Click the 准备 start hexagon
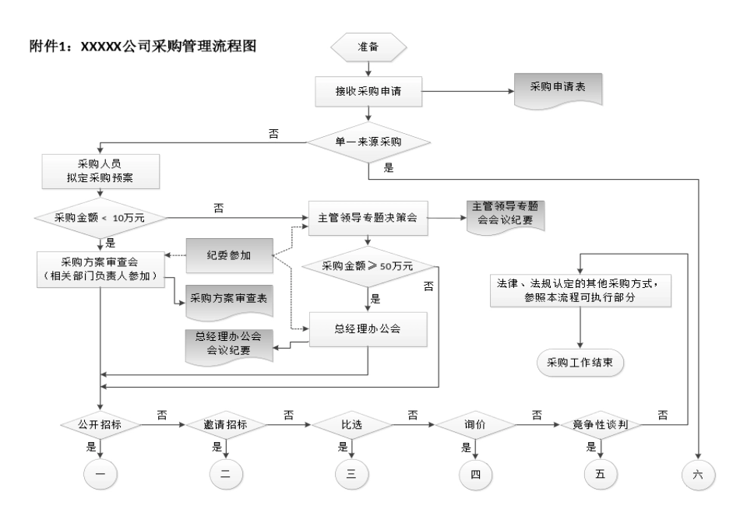[x=368, y=47]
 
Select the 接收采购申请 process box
[x=368, y=92]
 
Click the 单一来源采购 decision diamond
[x=368, y=142]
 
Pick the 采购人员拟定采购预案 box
[x=102, y=170]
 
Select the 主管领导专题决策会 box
[x=368, y=217]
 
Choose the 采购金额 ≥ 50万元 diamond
[x=368, y=266]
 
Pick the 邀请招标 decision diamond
[x=225, y=426]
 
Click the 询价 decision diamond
[x=475, y=426]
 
